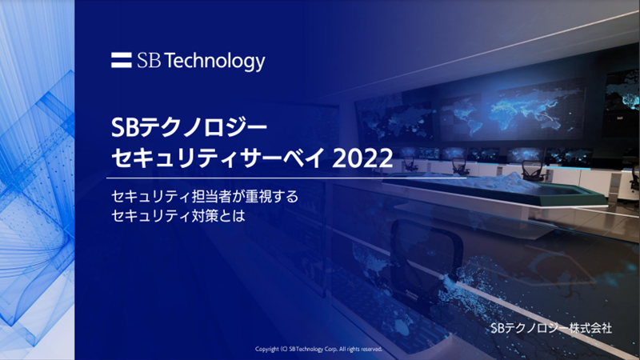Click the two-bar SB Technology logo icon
[122, 60]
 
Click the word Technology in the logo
[216, 62]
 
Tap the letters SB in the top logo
[149, 61]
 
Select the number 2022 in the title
[362, 158]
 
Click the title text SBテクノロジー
[189, 128]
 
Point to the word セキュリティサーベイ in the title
[218, 158]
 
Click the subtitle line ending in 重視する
[205, 196]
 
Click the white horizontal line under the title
[286, 178]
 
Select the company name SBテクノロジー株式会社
[551, 328]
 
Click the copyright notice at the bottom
[318, 349]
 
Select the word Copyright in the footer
[267, 349]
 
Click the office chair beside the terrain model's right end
[533, 170]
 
